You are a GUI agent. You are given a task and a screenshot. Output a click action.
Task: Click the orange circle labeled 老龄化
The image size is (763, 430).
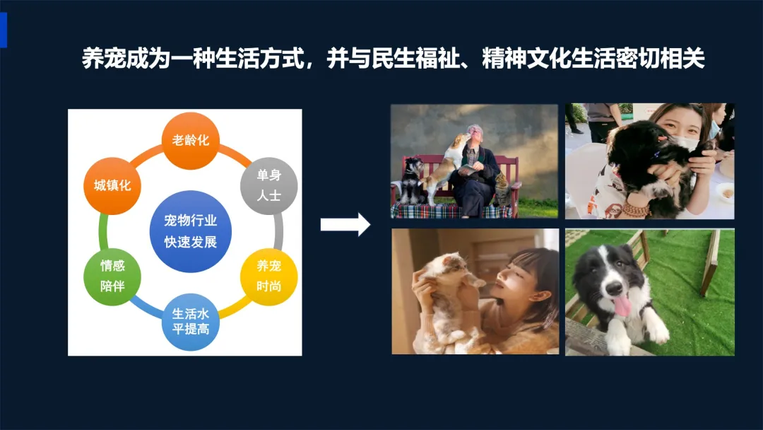pos(191,141)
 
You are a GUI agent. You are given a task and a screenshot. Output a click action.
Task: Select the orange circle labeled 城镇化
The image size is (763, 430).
pos(112,185)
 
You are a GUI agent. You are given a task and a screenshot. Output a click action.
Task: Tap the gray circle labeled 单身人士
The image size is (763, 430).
pos(269,185)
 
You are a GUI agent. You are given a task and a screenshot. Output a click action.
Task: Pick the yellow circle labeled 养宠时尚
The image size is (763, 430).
pos(269,277)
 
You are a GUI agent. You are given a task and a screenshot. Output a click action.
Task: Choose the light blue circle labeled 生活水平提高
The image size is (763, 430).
pos(191,322)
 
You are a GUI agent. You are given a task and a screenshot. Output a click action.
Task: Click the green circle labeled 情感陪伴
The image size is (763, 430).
pos(112,277)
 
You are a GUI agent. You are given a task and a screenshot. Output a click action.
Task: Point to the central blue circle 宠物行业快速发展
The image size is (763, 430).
pos(191,231)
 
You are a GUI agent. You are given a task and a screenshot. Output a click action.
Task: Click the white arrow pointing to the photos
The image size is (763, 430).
pos(345,224)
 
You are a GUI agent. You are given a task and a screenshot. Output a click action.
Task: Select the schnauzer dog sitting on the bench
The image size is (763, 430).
pos(410,180)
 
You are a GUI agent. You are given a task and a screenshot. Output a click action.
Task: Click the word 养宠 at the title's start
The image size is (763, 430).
pos(104,59)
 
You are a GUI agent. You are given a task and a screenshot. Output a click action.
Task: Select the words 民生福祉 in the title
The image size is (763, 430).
pos(415,59)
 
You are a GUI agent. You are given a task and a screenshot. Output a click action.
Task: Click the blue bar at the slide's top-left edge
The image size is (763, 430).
pos(4,30)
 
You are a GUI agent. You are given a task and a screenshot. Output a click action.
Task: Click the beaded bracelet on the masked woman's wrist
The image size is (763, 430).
pos(635,210)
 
